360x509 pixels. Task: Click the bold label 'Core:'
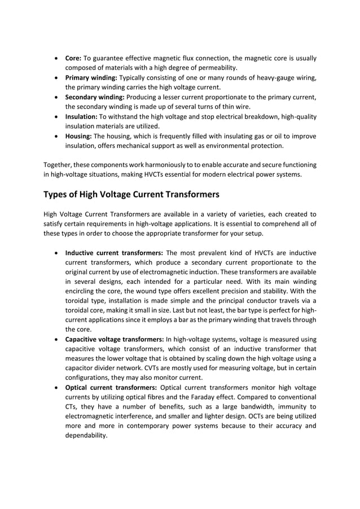(x=73, y=58)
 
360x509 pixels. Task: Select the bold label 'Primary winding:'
(x=91, y=78)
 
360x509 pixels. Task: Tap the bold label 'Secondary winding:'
(x=96, y=97)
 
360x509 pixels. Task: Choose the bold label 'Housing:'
(x=79, y=136)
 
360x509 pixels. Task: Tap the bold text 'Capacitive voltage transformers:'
(x=115, y=339)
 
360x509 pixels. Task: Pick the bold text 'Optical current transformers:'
(x=112, y=387)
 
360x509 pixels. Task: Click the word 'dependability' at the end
(x=86, y=436)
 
